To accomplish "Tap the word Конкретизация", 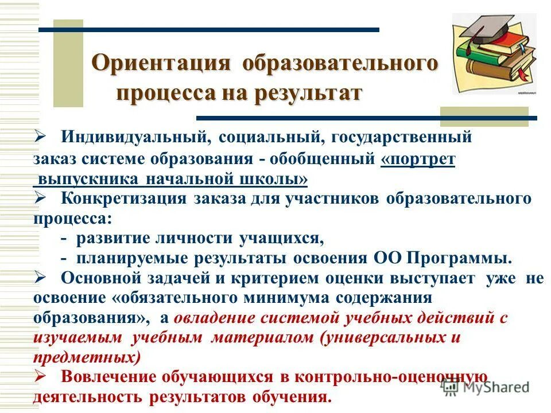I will pos(123,198).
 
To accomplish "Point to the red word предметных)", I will pos(87,357).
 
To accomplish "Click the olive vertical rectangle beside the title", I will pos(68,63).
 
